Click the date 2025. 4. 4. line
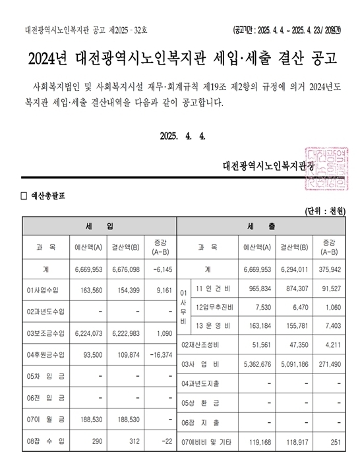point(183,136)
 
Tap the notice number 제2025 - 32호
point(131,30)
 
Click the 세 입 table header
point(99,226)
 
